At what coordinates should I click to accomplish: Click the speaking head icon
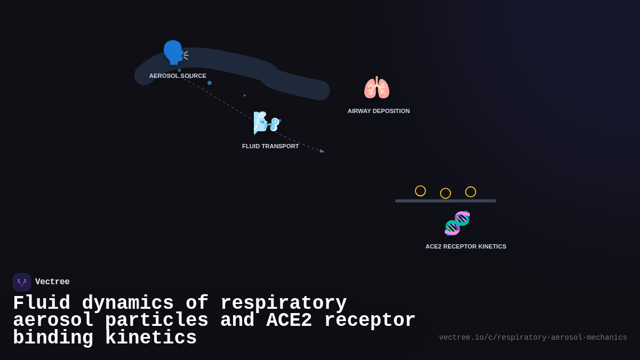coord(175,52)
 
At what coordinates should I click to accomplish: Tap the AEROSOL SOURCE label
coord(178,76)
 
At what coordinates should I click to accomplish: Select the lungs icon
coord(377,87)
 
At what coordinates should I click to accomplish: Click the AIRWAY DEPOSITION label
coord(379,111)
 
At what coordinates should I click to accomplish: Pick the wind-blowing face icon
coord(267,123)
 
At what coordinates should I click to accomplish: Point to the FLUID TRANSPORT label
coord(270,146)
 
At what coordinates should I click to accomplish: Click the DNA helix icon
coord(457,223)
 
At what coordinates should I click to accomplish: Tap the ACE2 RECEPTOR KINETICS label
coord(466,246)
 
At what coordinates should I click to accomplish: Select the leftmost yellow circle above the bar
coord(420,191)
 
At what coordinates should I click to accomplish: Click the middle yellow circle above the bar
coord(445,193)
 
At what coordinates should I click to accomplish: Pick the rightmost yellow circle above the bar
coord(470,192)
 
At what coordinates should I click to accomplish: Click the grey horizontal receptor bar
coord(445,201)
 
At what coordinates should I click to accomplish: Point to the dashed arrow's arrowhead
coord(322,151)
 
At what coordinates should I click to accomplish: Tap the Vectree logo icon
coord(22,282)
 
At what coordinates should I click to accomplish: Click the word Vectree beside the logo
coord(52,282)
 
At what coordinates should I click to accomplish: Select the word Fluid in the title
coord(42,303)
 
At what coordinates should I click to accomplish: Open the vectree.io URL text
coord(533,338)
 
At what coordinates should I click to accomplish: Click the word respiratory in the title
coord(283,303)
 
